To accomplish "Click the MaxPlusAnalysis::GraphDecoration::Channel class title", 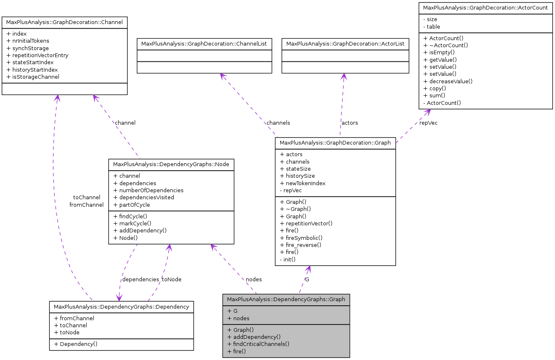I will click(64, 22).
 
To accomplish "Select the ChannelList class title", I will click(204, 43).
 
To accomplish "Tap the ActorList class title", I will click(345, 43).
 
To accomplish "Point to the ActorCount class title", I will click(485, 8).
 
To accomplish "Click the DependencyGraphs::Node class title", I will click(171, 164).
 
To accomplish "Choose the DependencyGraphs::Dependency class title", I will click(121, 307).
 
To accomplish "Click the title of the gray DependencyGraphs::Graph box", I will click(286, 300).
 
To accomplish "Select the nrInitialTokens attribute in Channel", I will click(31, 41).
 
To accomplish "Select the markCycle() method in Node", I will click(133, 223).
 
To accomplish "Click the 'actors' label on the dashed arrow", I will click(349, 123).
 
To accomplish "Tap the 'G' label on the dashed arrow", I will click(307, 279).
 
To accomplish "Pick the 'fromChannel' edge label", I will click(86, 205).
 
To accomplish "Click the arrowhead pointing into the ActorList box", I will click(344, 77).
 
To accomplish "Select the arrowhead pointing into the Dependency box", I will click(119, 297).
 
